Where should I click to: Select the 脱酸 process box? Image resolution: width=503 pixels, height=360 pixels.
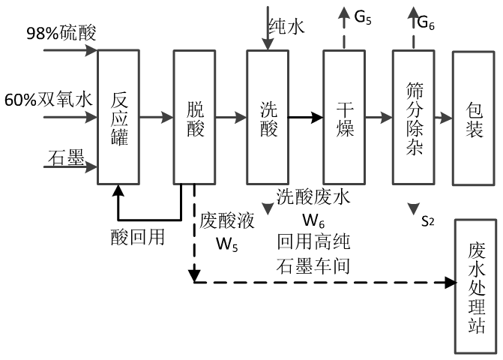coord(194,117)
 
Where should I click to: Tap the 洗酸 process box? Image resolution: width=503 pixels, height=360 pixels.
coord(268,117)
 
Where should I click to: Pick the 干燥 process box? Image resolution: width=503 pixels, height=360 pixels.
coord(343,117)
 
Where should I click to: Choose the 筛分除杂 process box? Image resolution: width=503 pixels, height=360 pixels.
coord(413,117)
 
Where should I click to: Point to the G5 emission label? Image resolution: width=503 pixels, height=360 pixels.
coord(364,16)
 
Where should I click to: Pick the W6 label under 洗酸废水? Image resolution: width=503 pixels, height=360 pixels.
coord(313,221)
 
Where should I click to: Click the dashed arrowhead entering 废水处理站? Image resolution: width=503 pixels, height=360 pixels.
coord(451,283)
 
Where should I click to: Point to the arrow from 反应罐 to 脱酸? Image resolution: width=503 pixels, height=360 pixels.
coord(157,117)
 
